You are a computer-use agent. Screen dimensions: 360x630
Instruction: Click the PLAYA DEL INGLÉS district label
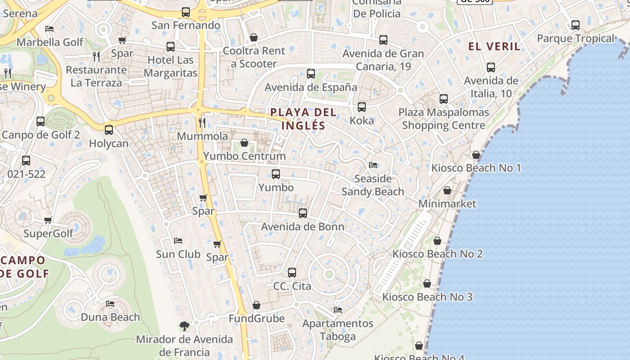point(303,119)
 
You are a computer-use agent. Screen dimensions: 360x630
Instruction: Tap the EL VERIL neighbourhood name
point(494,46)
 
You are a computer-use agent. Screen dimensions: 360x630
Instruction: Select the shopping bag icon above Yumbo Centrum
point(244,143)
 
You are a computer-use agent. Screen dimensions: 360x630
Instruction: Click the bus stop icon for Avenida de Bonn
point(303,213)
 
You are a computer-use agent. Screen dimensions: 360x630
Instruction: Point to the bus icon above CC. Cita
point(292,272)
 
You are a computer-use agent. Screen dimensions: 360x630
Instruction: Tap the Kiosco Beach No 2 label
point(437,254)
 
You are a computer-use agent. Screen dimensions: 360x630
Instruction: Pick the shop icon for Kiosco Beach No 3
point(427,283)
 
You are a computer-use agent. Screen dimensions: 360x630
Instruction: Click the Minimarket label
point(447,204)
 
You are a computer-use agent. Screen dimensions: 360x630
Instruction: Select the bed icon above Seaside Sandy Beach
point(373,165)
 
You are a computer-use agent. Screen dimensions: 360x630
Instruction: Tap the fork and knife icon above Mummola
point(202,122)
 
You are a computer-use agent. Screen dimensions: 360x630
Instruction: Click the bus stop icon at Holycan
point(109,130)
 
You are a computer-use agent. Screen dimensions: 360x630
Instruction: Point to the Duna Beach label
point(110,317)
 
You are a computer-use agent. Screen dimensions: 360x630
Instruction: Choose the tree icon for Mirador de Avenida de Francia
point(184,326)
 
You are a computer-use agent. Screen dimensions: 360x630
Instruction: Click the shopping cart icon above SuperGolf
point(48,220)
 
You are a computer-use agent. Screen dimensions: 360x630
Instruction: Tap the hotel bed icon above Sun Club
point(178,241)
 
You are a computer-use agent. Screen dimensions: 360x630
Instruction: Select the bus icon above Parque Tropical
point(575,25)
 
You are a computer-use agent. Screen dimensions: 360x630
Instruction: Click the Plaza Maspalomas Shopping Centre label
point(443,119)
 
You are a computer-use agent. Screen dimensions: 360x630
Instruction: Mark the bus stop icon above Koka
point(362,107)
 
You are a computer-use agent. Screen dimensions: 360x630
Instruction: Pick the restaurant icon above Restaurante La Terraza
point(96,56)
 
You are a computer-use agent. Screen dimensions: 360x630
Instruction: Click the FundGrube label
point(256,319)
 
